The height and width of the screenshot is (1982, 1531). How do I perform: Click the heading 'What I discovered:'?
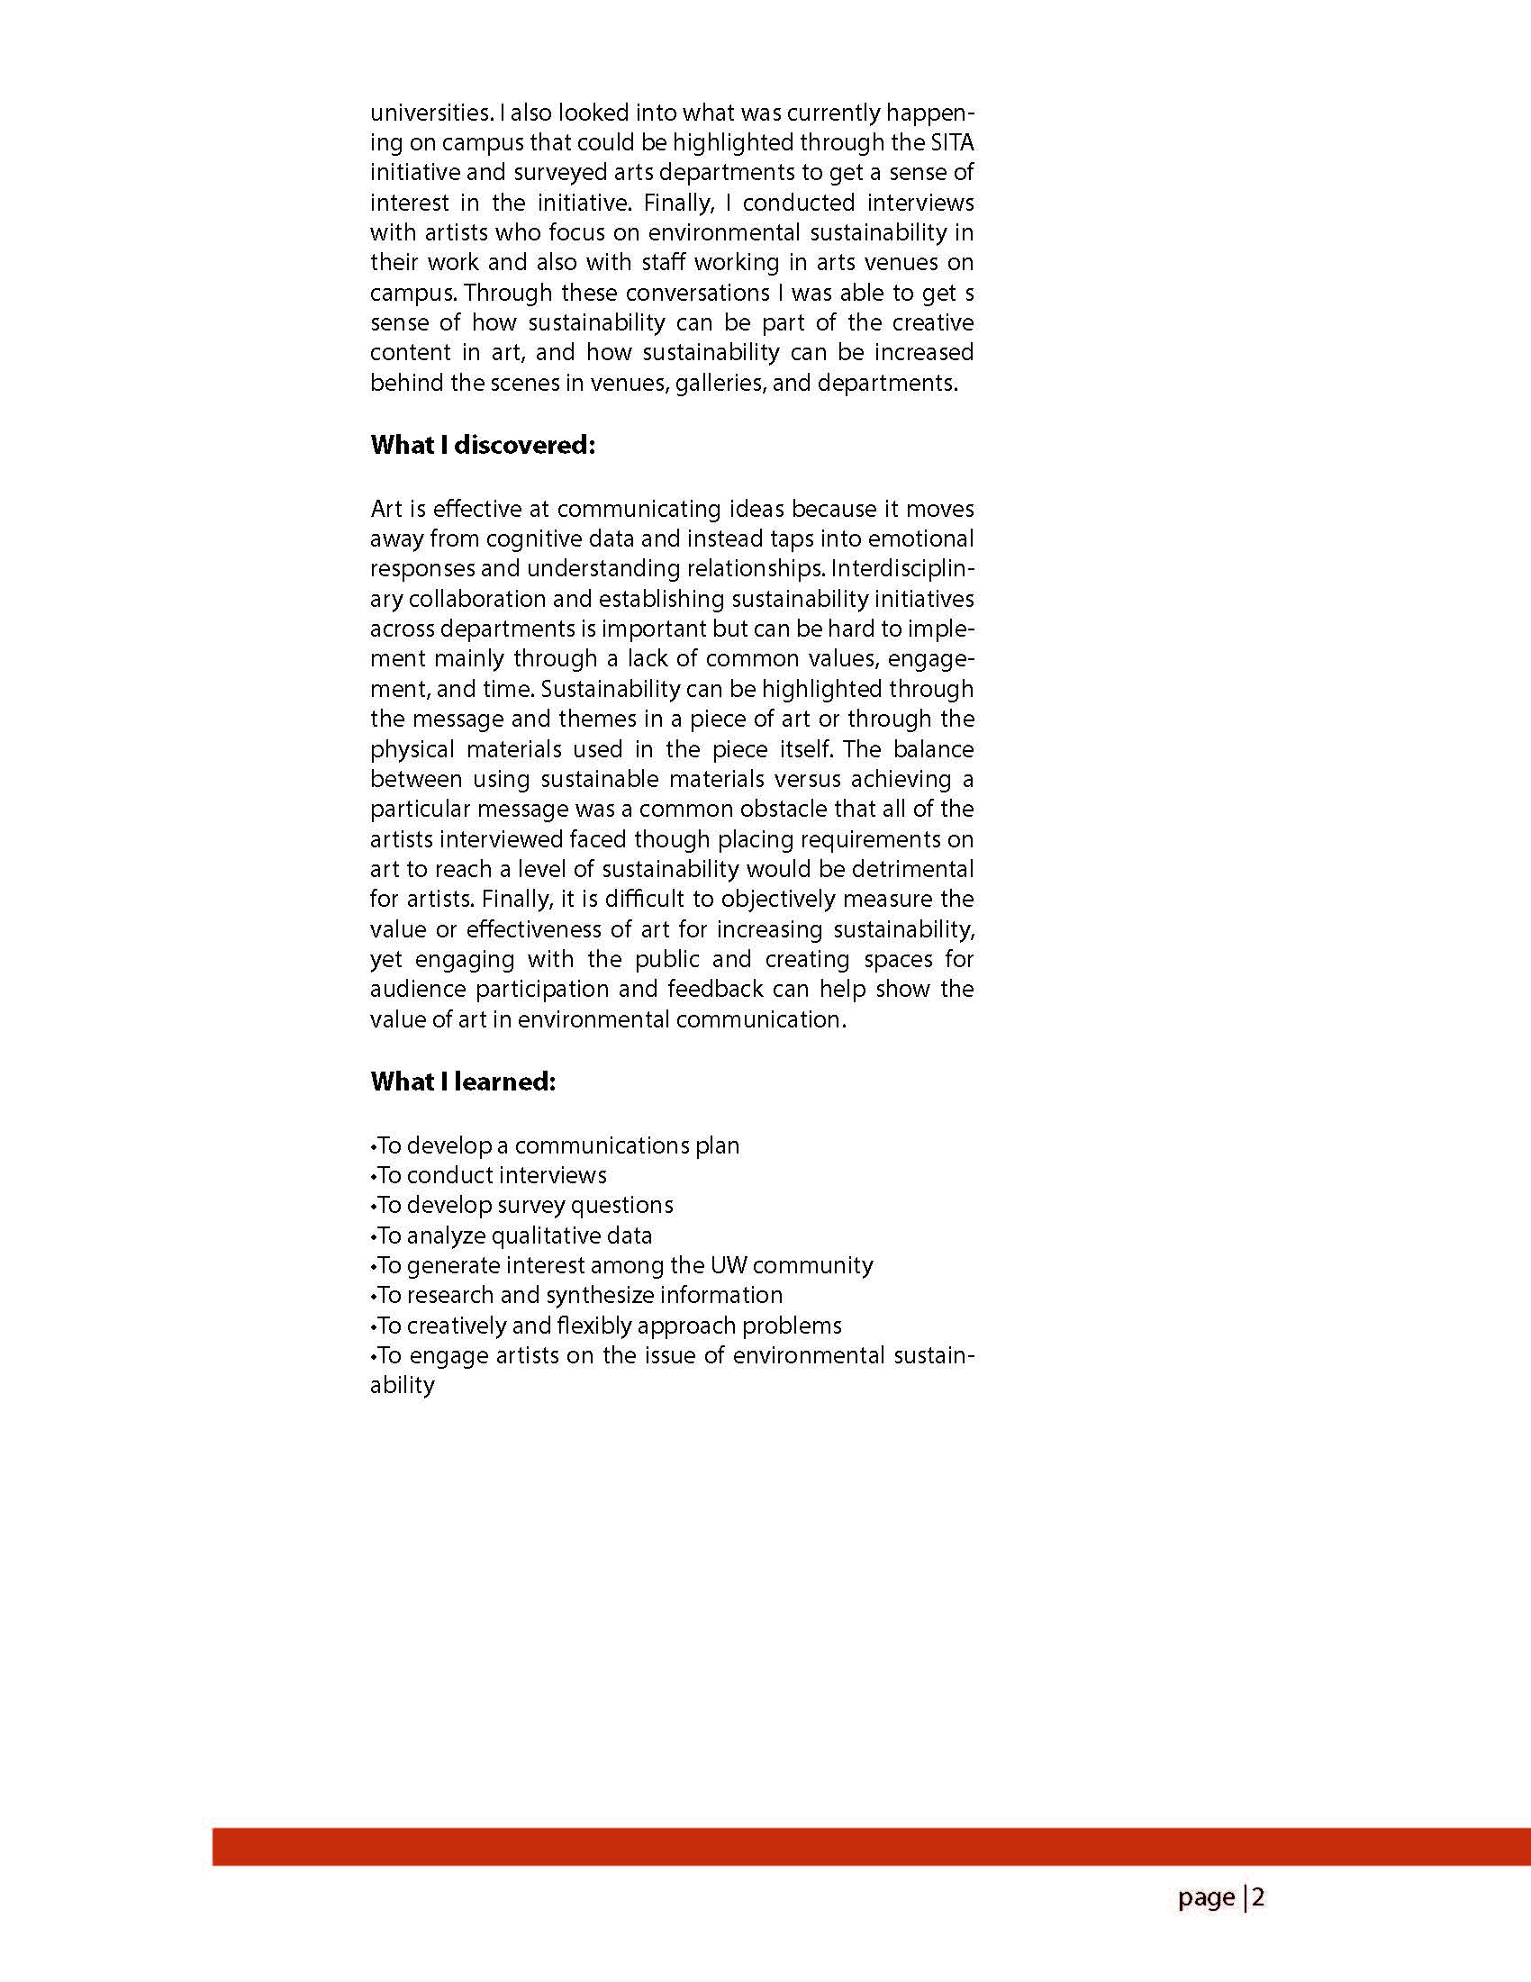pos(482,446)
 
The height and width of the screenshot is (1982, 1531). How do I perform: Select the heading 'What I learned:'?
pos(462,1082)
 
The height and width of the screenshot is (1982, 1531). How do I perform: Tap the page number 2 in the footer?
pos(1258,1897)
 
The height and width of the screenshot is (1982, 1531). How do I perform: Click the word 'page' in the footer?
pos(1206,1897)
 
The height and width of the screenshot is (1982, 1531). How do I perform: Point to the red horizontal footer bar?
pos(871,1847)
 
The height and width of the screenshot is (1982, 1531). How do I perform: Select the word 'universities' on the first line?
pos(430,113)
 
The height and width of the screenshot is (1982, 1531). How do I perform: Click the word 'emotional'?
pos(921,539)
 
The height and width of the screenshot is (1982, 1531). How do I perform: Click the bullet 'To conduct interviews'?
pos(490,1175)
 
